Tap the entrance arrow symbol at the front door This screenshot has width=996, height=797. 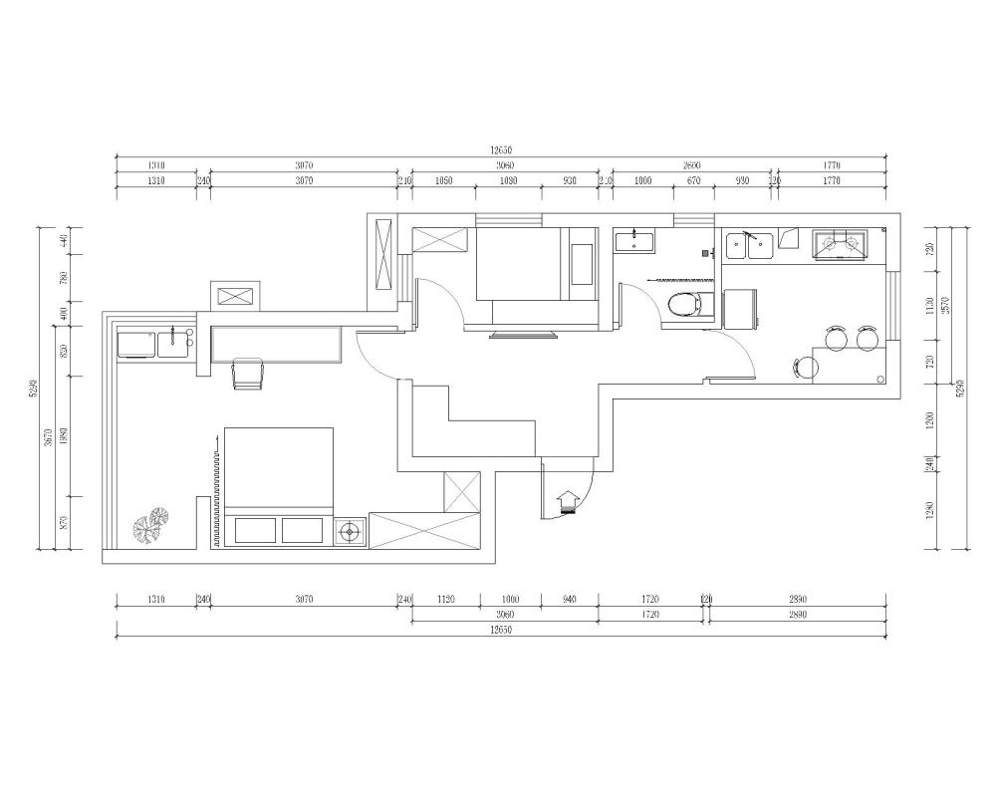569,499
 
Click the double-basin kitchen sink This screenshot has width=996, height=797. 750,243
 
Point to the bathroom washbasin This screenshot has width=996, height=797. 633,240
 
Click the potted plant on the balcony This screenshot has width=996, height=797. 151,525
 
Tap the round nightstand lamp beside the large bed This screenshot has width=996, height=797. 349,532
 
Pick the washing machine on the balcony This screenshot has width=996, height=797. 137,344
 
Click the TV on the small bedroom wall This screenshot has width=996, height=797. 523,335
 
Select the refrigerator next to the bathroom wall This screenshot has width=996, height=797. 740,308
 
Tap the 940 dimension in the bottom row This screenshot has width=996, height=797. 569,601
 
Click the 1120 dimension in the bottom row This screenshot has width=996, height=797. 445,601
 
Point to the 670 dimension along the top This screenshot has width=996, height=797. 694,181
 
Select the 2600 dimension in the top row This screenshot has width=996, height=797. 692,165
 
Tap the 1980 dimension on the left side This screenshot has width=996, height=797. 63,435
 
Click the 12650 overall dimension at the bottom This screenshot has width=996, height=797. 501,631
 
